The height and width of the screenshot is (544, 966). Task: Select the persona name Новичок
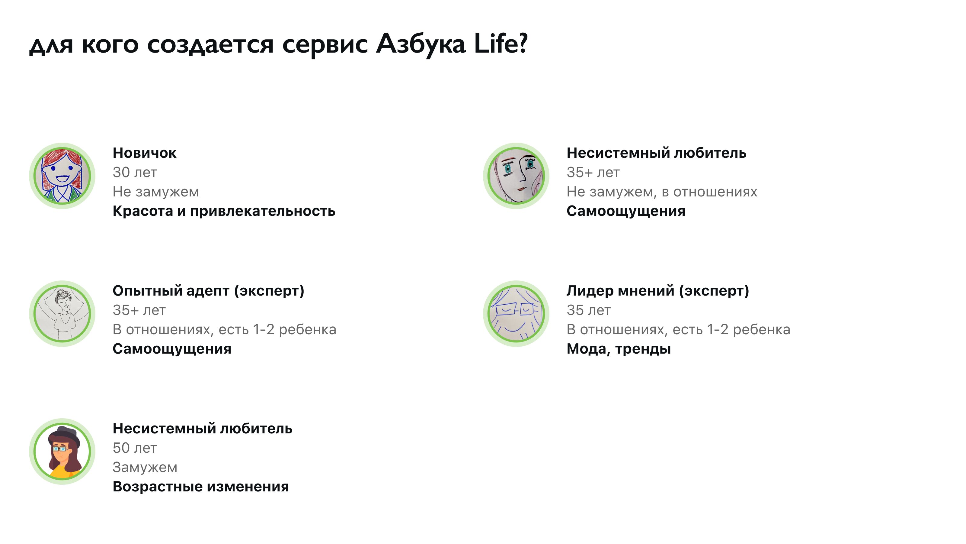[144, 153]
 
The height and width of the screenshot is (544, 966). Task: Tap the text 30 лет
[135, 172]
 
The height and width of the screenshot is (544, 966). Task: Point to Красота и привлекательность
[224, 211]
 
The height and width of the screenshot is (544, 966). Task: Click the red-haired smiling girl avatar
[62, 176]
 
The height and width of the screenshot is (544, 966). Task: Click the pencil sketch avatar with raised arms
[62, 313]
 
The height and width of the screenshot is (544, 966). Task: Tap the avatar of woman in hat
[62, 451]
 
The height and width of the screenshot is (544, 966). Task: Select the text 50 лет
[135, 448]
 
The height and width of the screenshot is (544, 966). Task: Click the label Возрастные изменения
[201, 487]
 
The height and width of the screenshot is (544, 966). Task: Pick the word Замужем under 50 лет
[145, 468]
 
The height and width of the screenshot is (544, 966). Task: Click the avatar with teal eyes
[516, 176]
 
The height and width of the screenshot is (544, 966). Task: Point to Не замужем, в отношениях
[662, 192]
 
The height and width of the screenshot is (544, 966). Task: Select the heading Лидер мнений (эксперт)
[658, 291]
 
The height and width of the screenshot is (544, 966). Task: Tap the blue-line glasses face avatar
[516, 313]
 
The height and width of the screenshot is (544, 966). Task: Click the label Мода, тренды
[619, 349]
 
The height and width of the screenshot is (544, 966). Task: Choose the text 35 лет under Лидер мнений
[589, 310]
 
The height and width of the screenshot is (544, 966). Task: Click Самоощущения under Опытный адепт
[172, 349]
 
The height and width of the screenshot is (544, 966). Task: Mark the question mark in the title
[523, 43]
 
